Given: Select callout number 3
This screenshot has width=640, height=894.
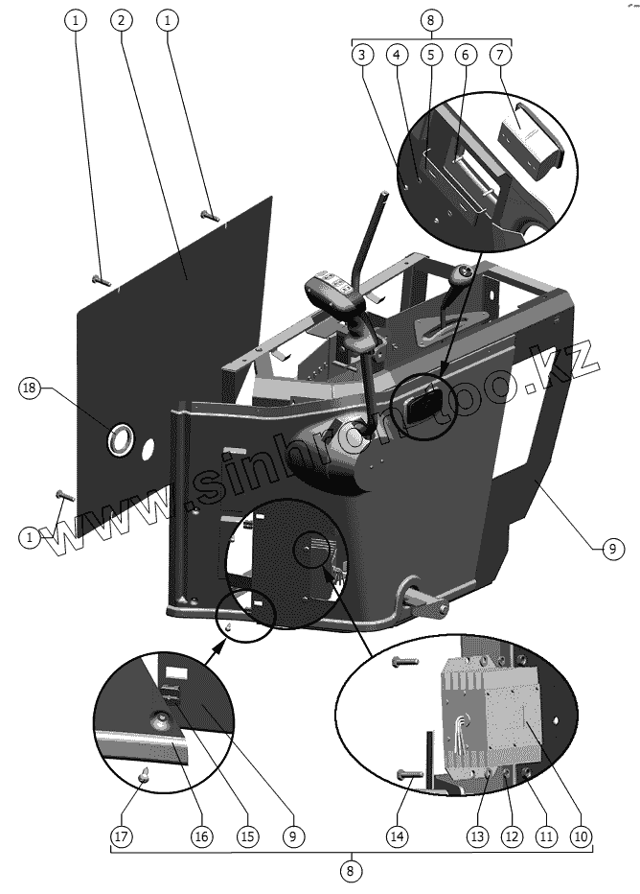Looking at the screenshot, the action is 361,56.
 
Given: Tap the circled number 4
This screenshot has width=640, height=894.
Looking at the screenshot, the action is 396,56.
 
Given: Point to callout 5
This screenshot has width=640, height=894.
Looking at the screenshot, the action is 430,56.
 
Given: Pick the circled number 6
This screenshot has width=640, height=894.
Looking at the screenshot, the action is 465,56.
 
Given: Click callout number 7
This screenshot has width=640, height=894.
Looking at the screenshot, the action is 499,56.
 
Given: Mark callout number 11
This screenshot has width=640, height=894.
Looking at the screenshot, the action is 545,836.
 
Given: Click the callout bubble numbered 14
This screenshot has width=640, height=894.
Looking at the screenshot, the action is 397,836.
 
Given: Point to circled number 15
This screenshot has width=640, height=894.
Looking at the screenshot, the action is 247,836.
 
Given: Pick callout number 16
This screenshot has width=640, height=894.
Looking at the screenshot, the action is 201,836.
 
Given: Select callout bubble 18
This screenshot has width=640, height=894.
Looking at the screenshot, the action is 29,388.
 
